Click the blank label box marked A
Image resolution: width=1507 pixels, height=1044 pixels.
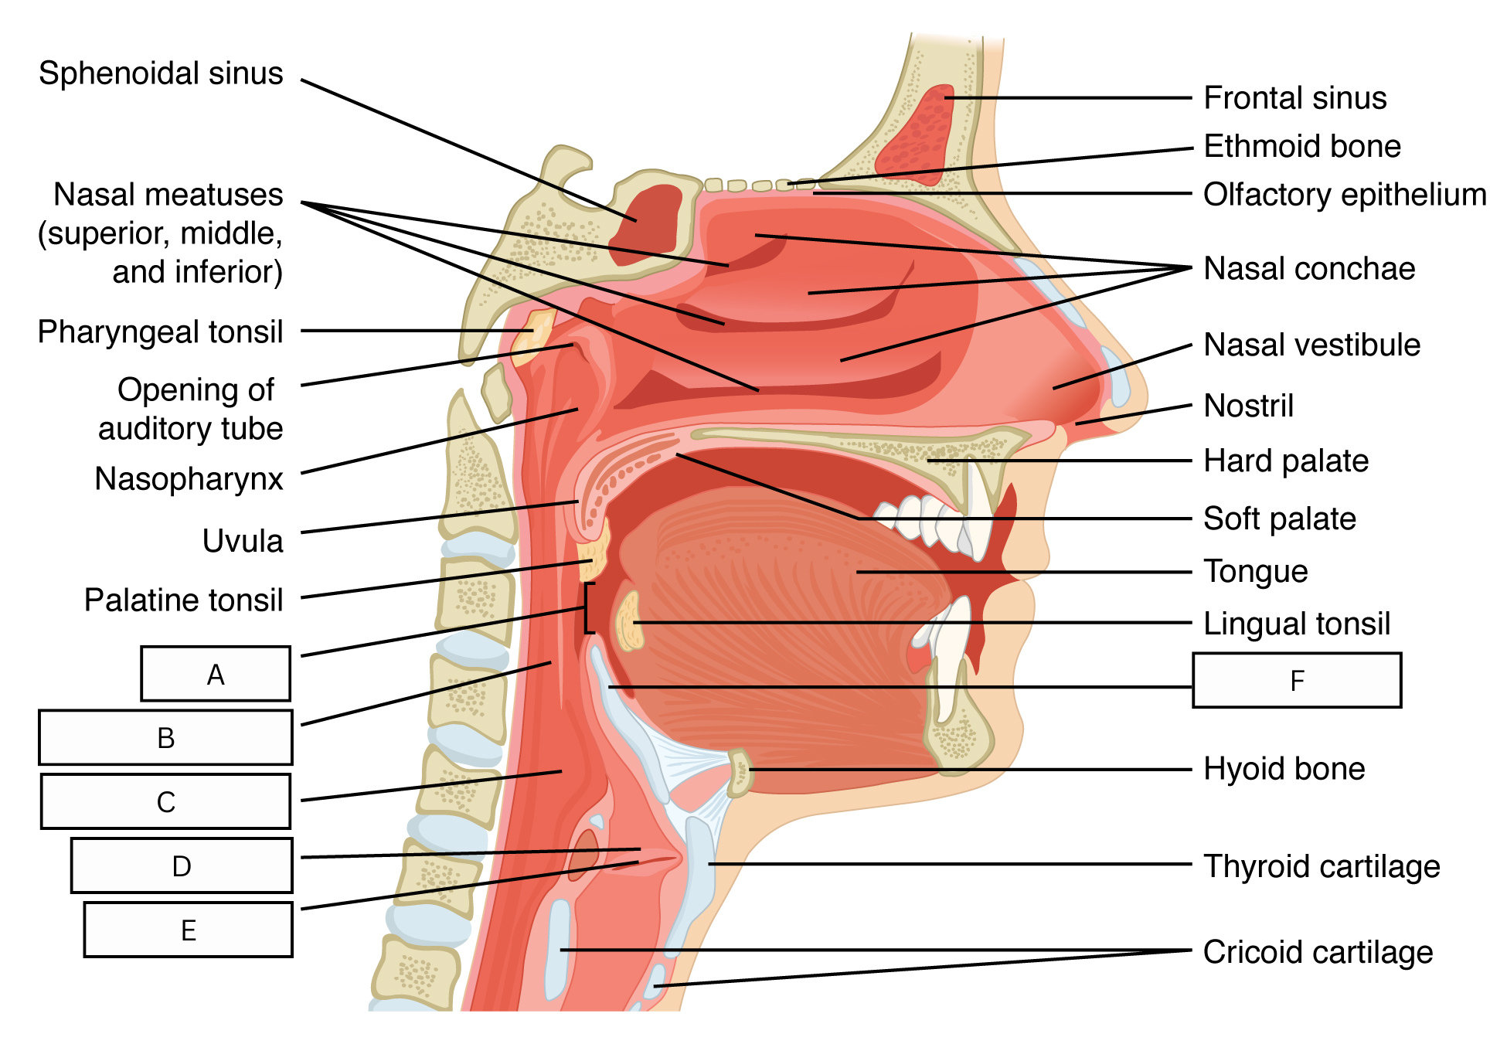click(x=216, y=674)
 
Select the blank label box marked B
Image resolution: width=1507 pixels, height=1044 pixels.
click(x=165, y=737)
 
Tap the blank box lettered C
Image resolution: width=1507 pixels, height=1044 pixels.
click(x=165, y=801)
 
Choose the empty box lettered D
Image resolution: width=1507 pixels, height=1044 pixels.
click(x=182, y=865)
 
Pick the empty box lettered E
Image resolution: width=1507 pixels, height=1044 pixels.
click(x=188, y=930)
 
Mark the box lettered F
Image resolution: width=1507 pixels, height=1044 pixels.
click(x=1297, y=680)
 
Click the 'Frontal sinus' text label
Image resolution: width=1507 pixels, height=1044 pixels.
click(x=1295, y=98)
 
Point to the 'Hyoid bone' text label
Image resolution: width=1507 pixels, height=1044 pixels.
click(x=1284, y=769)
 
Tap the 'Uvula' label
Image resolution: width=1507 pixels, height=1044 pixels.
click(x=243, y=541)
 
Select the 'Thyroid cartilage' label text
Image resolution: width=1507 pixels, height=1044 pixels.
click(x=1322, y=866)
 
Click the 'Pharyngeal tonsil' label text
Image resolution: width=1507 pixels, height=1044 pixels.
click(x=161, y=332)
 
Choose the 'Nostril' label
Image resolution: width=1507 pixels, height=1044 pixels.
click(x=1249, y=406)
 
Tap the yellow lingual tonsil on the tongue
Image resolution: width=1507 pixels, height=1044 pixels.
click(x=630, y=621)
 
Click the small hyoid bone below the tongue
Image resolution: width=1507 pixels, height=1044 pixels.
click(x=740, y=772)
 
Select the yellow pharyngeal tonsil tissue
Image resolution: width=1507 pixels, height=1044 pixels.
click(x=532, y=335)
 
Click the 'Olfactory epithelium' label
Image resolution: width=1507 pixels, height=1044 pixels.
click(x=1345, y=195)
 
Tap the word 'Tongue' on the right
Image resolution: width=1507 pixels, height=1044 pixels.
click(x=1256, y=572)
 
